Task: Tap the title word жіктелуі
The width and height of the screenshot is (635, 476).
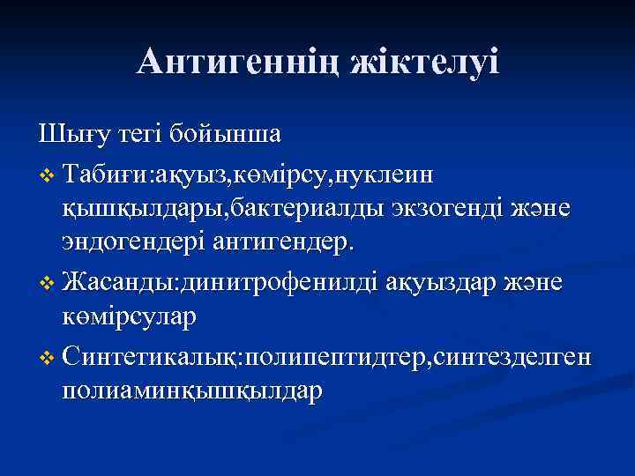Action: point(424,62)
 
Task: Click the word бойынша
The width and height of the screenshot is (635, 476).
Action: point(228,138)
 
